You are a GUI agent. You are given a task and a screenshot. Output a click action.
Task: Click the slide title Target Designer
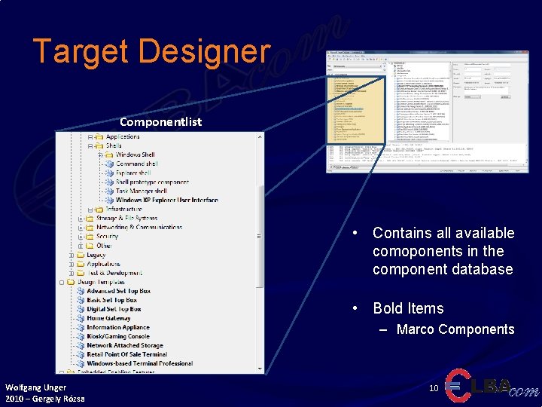[x=151, y=51]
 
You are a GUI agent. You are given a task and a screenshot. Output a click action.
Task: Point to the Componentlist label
[x=160, y=121]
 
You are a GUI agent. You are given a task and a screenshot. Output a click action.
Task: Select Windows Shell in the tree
[x=135, y=155]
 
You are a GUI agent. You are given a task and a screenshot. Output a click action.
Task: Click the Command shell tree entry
[x=136, y=164]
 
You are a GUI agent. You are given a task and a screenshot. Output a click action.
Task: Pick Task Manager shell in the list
[x=141, y=191]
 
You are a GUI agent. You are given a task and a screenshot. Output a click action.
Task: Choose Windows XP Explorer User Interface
[x=166, y=200]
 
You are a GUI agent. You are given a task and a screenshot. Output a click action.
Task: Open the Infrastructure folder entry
[x=123, y=209]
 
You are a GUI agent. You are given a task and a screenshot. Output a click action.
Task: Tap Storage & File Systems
[x=126, y=218]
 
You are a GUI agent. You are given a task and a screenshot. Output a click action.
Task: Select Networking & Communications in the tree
[x=139, y=227]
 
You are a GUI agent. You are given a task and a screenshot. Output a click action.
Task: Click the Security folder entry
[x=107, y=236]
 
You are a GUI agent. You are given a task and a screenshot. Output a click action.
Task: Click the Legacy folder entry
[x=96, y=255]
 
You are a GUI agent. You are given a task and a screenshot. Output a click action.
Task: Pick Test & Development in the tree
[x=114, y=273]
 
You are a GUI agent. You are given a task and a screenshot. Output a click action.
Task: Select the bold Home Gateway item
[x=108, y=318]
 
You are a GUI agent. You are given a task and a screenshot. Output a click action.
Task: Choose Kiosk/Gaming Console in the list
[x=118, y=336]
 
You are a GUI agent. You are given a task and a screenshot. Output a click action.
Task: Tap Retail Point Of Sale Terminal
[x=126, y=354]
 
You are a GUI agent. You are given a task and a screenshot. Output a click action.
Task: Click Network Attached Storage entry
[x=124, y=345]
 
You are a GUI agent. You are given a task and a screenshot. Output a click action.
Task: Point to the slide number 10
[x=434, y=388]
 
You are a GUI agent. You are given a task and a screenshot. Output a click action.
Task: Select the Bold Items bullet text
[x=408, y=308]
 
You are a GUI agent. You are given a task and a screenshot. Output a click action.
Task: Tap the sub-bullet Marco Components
[x=455, y=329]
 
